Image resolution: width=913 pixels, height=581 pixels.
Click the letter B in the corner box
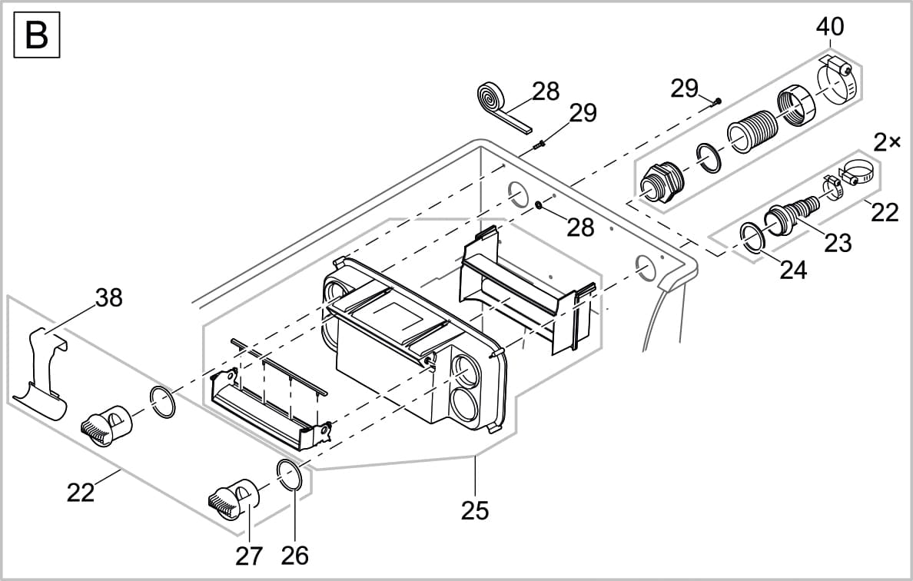(x=36, y=35)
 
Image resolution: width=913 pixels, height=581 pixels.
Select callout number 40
(x=829, y=27)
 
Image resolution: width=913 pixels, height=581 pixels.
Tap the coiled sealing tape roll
(x=489, y=98)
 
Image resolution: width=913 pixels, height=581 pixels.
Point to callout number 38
(x=108, y=297)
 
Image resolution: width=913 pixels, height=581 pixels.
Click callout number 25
(x=475, y=510)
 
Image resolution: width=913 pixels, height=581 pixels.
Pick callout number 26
(x=294, y=555)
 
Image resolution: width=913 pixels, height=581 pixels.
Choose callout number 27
(x=249, y=556)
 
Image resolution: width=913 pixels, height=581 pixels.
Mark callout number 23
(x=838, y=243)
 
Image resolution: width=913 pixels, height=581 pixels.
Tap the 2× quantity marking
(x=888, y=143)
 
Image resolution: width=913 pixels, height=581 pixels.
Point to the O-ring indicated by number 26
(x=289, y=474)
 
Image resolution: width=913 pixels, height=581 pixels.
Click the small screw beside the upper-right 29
(x=717, y=100)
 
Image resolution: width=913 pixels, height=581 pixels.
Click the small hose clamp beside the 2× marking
(x=853, y=174)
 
